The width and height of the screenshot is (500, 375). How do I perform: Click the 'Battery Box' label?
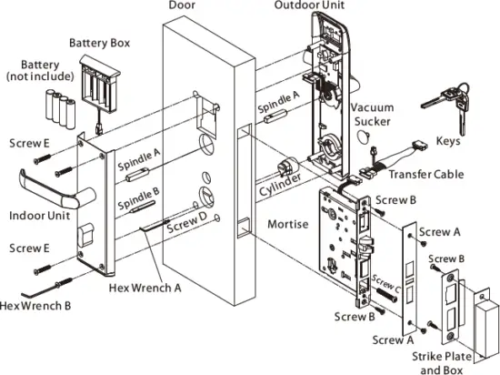point(96,42)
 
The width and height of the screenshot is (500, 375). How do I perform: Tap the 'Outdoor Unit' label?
point(309,6)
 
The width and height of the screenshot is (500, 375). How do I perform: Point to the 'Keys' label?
point(447,142)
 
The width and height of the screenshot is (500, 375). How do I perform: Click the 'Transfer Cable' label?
point(425,175)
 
